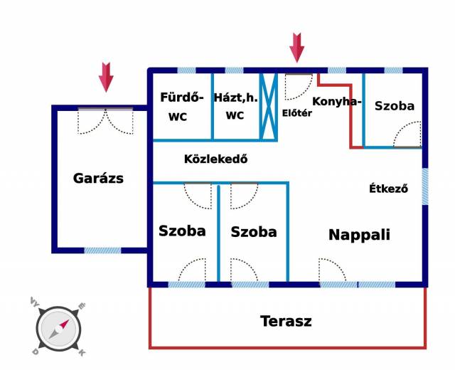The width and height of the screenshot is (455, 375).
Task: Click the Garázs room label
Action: pyautogui.click(x=98, y=179)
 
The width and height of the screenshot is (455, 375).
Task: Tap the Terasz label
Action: pyautogui.click(x=286, y=321)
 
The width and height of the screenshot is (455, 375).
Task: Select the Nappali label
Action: pyautogui.click(x=359, y=235)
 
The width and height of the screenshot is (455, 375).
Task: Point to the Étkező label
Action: pyautogui.click(x=388, y=189)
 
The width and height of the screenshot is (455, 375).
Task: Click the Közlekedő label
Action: pyautogui.click(x=215, y=159)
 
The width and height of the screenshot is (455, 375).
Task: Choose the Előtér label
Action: pyautogui.click(x=297, y=113)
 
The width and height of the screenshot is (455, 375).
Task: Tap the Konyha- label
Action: pyautogui.click(x=337, y=102)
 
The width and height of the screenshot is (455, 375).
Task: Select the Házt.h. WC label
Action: pyautogui.click(x=235, y=107)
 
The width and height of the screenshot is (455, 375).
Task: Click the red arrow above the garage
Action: pyautogui.click(x=106, y=77)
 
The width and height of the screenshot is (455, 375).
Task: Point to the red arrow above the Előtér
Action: pyautogui.click(x=296, y=47)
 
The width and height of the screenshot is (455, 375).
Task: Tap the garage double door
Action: pyautogui.click(x=105, y=121)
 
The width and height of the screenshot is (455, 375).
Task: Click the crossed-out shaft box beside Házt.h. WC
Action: pyautogui.click(x=269, y=106)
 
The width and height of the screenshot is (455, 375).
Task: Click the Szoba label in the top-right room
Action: pyautogui.click(x=395, y=106)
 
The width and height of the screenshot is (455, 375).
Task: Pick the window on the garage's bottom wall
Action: pyautogui.click(x=102, y=250)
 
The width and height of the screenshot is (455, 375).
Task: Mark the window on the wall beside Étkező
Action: pyautogui.click(x=425, y=186)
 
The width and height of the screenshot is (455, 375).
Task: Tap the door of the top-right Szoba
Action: pyautogui.click(x=407, y=134)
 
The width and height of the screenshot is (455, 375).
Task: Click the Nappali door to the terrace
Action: pyautogui.click(x=333, y=271)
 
